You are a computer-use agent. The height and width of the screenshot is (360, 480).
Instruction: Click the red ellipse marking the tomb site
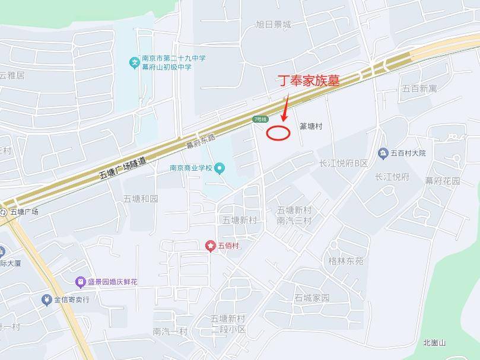(278, 133)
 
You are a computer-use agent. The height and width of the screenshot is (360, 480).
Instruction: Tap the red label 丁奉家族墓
(309, 81)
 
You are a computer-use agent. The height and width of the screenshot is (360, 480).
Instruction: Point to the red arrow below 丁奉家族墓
(285, 110)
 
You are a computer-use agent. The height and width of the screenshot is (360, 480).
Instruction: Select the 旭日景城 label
(274, 24)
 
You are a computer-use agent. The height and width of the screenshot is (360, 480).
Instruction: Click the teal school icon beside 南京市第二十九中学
(134, 62)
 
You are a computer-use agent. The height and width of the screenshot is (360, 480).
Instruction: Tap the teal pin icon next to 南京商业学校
(220, 168)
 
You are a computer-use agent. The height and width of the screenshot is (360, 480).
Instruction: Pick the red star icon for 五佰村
(211, 246)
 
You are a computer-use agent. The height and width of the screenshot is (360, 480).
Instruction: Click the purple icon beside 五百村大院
(383, 153)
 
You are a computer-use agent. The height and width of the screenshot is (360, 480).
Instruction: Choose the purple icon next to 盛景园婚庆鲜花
(80, 282)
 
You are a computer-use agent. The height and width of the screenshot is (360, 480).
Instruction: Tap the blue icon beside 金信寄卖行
(46, 300)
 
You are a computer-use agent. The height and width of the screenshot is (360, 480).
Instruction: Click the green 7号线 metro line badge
(260, 119)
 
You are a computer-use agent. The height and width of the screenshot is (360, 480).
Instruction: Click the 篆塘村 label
(310, 126)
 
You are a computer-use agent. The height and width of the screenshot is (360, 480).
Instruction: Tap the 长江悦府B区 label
(344, 163)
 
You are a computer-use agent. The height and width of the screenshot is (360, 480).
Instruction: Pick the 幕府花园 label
(443, 180)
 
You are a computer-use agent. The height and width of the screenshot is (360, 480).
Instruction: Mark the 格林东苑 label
(346, 261)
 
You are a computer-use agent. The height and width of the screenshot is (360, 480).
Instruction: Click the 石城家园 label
(311, 298)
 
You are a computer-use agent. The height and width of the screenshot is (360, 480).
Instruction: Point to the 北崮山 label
(434, 343)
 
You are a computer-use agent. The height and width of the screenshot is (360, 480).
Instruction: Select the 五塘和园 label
(141, 199)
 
